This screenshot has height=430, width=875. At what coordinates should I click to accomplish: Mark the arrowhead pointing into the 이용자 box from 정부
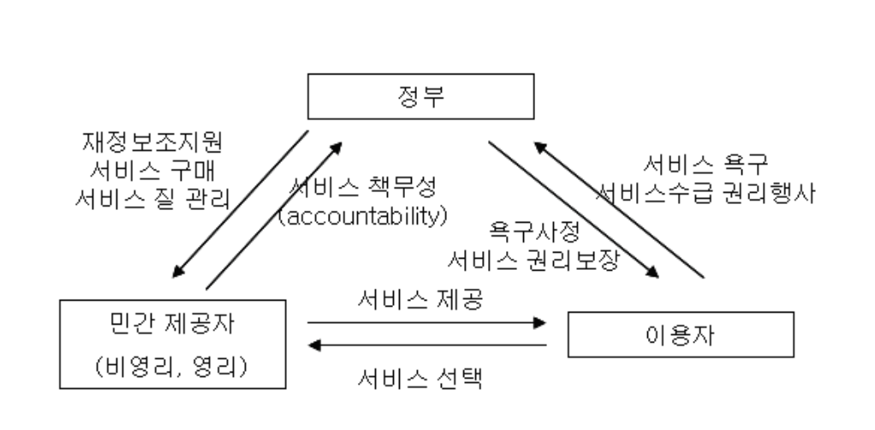coord(654,272)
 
